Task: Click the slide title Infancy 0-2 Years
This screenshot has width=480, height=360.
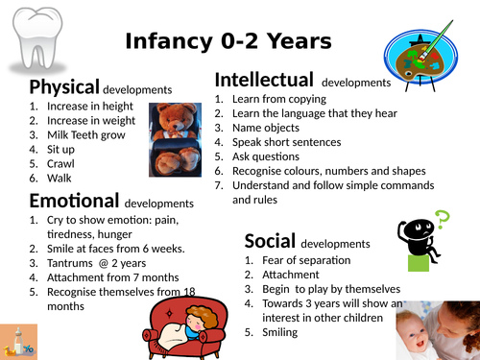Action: pos(228,41)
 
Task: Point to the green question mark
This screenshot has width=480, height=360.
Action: pos(443,219)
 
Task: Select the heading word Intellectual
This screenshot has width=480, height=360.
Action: pos(264,80)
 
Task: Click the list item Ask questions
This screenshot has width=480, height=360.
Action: pos(270,156)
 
